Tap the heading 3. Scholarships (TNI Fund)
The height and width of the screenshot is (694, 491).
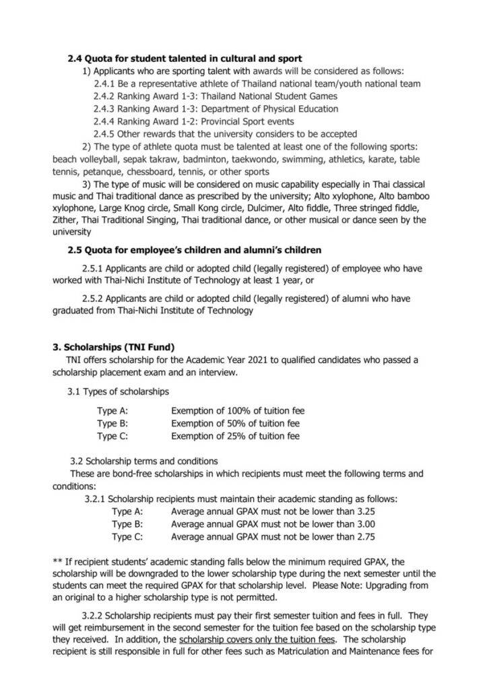(x=114, y=347)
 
